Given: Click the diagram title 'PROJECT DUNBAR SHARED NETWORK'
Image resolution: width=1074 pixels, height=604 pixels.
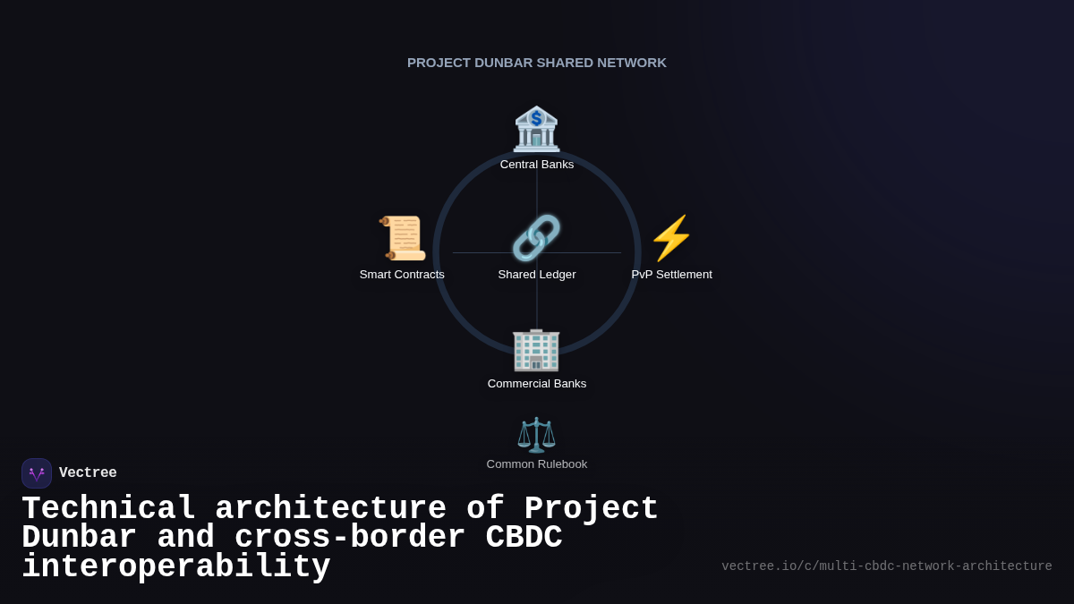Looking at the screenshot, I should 537,63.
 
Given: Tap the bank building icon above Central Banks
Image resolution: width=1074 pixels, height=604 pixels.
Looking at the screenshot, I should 536,129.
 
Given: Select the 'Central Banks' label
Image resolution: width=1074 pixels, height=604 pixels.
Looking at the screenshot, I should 537,165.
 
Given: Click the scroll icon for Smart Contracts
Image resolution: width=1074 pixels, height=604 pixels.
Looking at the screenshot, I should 403,238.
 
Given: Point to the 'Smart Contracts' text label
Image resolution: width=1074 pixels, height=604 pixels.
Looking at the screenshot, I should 402,275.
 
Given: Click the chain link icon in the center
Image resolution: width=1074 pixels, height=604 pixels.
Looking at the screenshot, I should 536,238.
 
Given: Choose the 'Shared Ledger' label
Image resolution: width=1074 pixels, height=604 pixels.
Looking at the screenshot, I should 537,275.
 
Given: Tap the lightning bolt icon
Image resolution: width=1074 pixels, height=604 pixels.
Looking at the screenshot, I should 671,238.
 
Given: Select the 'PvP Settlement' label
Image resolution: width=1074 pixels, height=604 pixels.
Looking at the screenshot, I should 671,275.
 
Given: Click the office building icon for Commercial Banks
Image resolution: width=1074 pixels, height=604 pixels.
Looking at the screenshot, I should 536,349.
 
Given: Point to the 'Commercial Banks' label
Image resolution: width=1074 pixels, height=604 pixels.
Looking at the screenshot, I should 537,384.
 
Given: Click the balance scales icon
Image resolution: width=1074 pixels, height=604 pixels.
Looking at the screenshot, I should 536,435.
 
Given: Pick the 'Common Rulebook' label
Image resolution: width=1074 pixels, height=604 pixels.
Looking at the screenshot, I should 537,464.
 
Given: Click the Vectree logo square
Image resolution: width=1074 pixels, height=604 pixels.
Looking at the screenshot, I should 37,473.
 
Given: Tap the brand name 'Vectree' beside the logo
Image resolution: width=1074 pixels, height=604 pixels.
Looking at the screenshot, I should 88,473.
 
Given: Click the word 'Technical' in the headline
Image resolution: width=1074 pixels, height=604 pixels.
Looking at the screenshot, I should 108,509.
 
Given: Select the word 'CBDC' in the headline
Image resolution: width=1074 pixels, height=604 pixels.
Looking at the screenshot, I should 524,538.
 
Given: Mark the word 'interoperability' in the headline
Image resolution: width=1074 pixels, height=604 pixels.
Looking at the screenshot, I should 176,567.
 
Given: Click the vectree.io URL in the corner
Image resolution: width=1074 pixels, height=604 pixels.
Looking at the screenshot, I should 887,566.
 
